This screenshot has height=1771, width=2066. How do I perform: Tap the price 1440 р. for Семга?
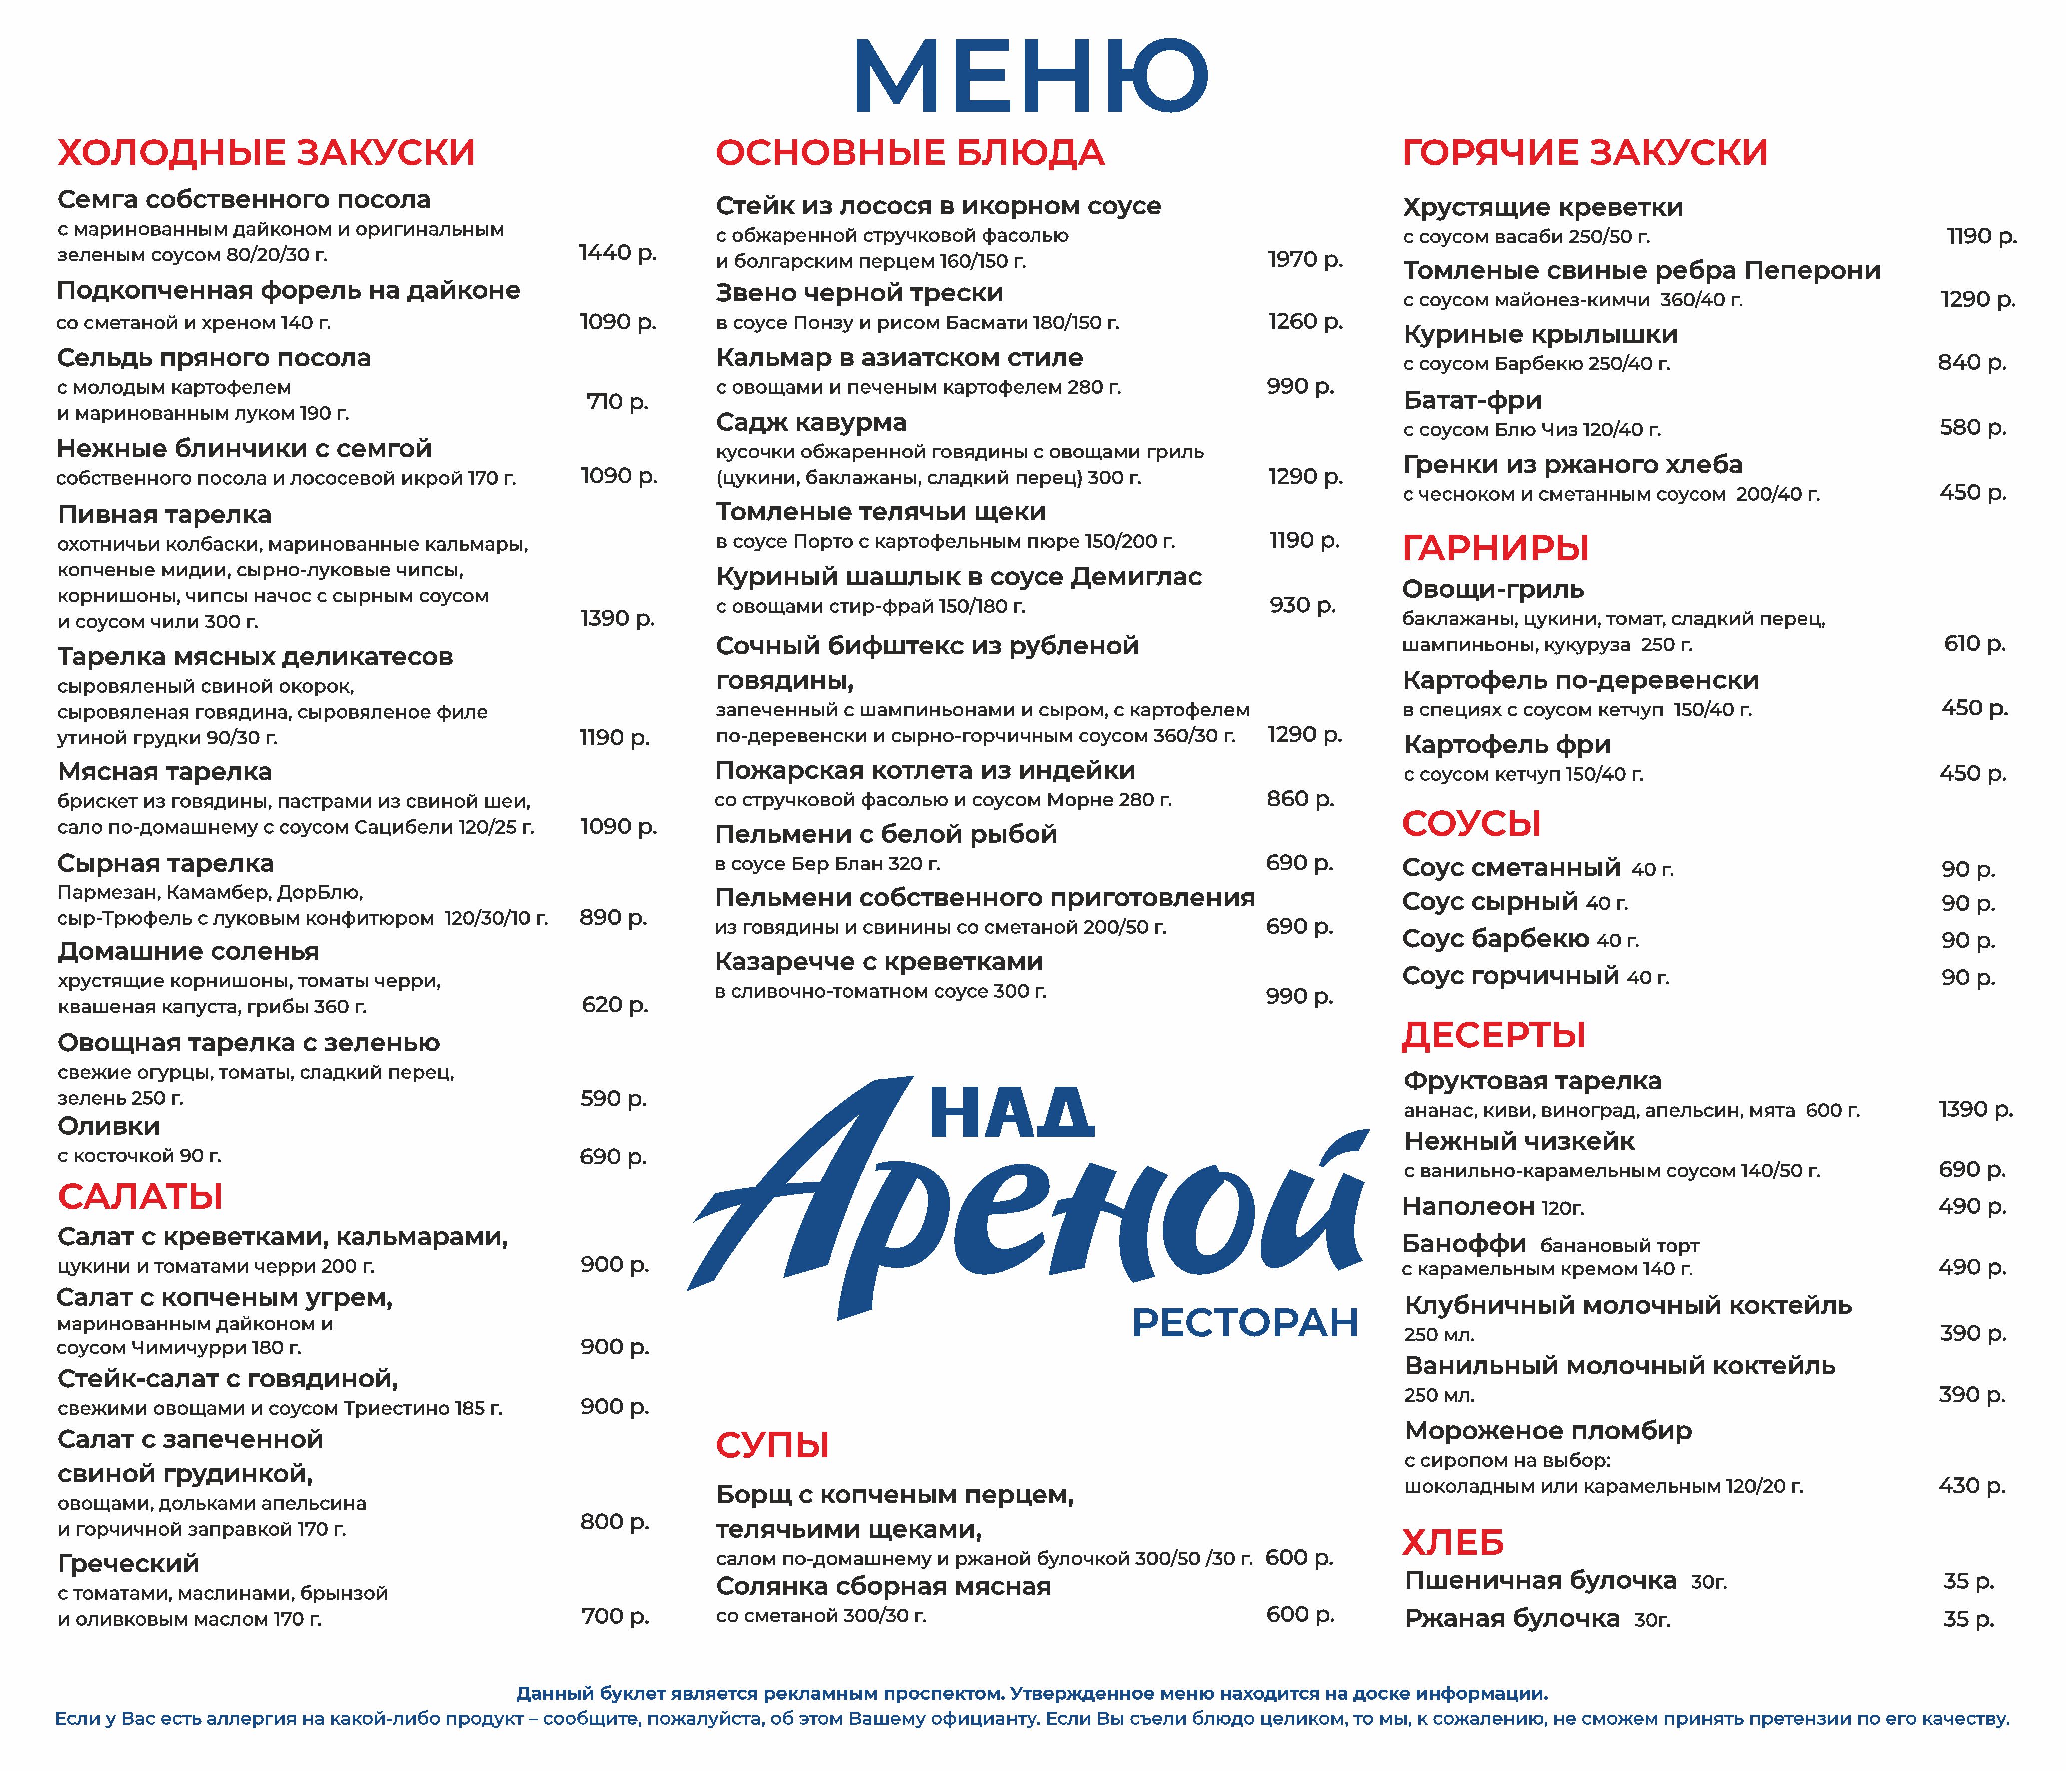tap(617, 253)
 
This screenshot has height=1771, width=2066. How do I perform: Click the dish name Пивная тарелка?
tap(164, 515)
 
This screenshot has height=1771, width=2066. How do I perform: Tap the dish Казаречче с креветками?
tap(879, 962)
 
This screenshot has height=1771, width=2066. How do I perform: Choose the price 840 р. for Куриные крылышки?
tap(1971, 363)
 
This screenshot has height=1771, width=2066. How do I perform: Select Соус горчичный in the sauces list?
tap(1510, 976)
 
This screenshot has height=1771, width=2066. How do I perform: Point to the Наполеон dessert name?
tap(1468, 1207)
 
